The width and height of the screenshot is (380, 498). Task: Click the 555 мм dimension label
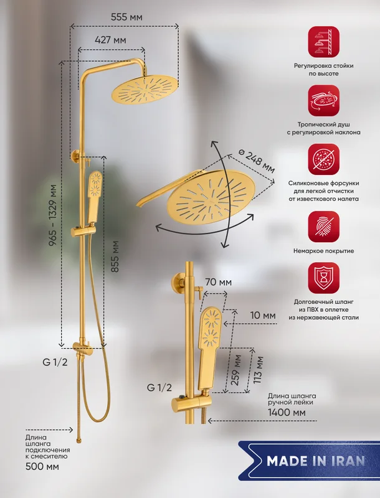point(126,17)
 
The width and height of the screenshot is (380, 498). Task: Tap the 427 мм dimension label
point(110,40)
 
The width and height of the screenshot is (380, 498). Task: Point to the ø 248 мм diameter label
point(256,161)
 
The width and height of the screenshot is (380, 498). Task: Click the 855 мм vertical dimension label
point(115,256)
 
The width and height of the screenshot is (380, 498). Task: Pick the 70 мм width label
point(218,282)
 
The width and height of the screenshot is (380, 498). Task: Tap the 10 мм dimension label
point(263,316)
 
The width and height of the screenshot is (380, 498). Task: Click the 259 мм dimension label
point(235,370)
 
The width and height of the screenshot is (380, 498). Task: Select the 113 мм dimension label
point(259,370)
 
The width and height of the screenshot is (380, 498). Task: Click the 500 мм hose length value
point(42,466)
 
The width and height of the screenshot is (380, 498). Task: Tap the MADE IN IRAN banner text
point(316,461)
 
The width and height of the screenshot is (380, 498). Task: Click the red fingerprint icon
point(323,227)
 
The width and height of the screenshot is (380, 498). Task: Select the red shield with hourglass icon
point(323,278)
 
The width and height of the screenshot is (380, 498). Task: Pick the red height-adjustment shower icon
point(323,42)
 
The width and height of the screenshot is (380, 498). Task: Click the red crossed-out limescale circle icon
point(323,159)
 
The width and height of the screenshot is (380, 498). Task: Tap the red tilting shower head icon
point(323,100)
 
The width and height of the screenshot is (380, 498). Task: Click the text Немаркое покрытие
point(323,251)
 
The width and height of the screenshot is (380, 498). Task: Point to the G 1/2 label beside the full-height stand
point(55,362)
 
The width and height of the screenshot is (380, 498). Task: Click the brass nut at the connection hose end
point(79,440)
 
